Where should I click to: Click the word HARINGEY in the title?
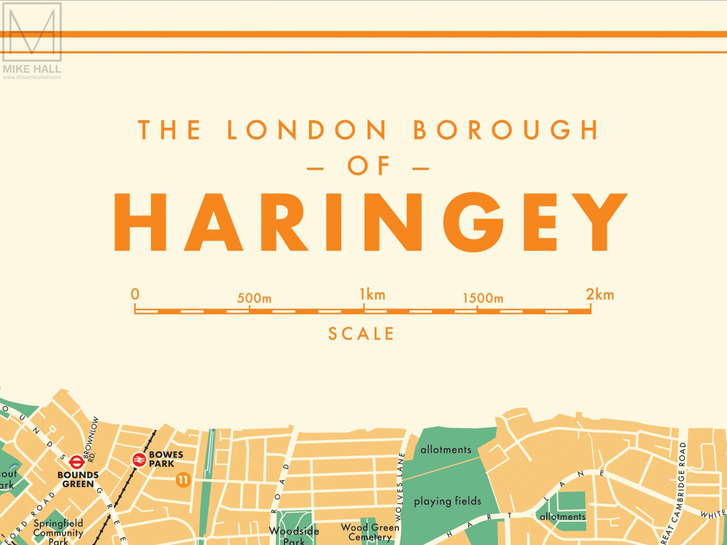tap(370, 223)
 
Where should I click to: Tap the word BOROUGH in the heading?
tap(506, 130)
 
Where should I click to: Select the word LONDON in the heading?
tap(307, 130)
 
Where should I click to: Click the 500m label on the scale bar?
tap(254, 298)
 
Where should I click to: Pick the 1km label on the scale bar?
tap(372, 295)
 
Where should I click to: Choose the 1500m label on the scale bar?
tap(483, 298)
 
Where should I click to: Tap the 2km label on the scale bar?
tap(600, 295)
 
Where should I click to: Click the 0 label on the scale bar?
tap(135, 294)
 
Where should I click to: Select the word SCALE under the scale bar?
tap(361, 334)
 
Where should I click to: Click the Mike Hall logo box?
tap(32, 32)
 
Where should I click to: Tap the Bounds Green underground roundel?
tap(76, 462)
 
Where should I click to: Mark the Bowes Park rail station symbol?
tap(138, 459)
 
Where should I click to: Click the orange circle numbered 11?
tap(183, 480)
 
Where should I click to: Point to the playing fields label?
tap(447, 502)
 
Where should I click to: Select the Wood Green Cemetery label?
tap(370, 532)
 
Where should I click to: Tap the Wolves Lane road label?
tap(400, 486)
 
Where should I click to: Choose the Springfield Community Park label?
tap(58, 532)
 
